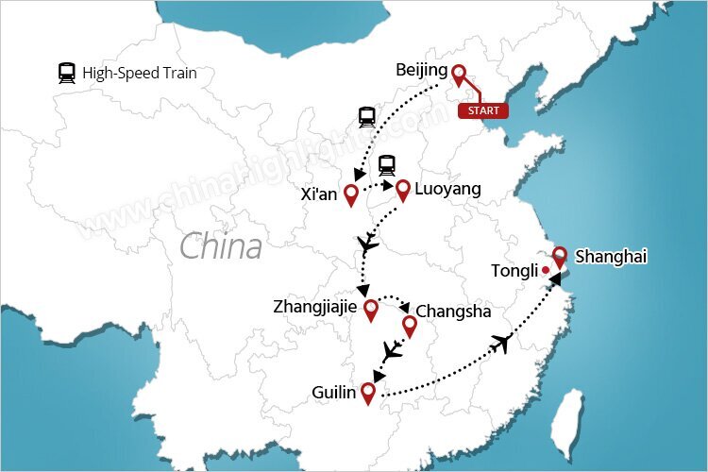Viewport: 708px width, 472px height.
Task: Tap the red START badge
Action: [x=483, y=110]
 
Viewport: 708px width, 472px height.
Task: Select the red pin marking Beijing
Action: [x=460, y=75]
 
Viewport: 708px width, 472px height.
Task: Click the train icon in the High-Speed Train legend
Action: [x=67, y=73]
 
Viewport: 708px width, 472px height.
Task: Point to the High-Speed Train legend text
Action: [x=140, y=73]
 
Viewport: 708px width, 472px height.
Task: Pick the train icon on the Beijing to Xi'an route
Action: [x=367, y=118]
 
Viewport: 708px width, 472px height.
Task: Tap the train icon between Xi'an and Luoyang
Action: [x=387, y=166]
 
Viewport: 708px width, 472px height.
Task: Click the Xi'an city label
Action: [x=316, y=194]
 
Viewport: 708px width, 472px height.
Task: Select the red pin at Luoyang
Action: [x=403, y=190]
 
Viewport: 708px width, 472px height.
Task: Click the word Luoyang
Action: [x=447, y=189]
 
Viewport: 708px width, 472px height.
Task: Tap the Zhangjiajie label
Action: [x=316, y=307]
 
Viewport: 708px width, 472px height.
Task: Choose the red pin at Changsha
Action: [x=410, y=327]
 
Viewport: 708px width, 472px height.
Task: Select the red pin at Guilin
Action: [x=368, y=391]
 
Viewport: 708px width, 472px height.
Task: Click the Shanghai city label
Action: [x=613, y=256]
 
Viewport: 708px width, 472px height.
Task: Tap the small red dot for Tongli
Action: [x=546, y=271]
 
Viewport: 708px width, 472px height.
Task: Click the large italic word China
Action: [x=221, y=247]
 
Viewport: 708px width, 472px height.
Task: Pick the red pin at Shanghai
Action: [x=560, y=256]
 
